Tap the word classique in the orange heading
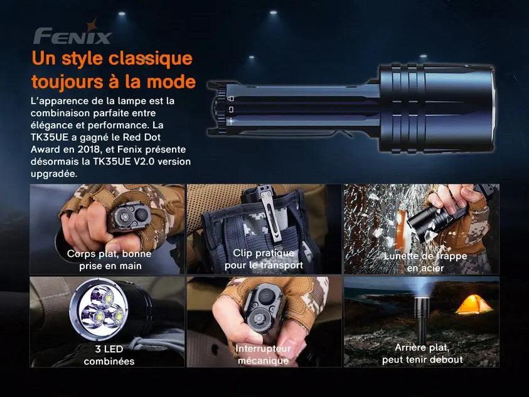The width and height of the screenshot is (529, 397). coord(149,59)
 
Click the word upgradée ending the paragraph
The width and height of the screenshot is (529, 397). coord(54,173)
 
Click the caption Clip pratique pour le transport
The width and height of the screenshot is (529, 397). coord(264,259)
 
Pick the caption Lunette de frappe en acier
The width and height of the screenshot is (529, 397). coord(425,262)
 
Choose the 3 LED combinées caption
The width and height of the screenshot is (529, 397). coord(109,354)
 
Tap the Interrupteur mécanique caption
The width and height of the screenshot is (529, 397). coord(263,354)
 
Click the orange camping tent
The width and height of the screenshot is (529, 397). coord(473,305)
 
